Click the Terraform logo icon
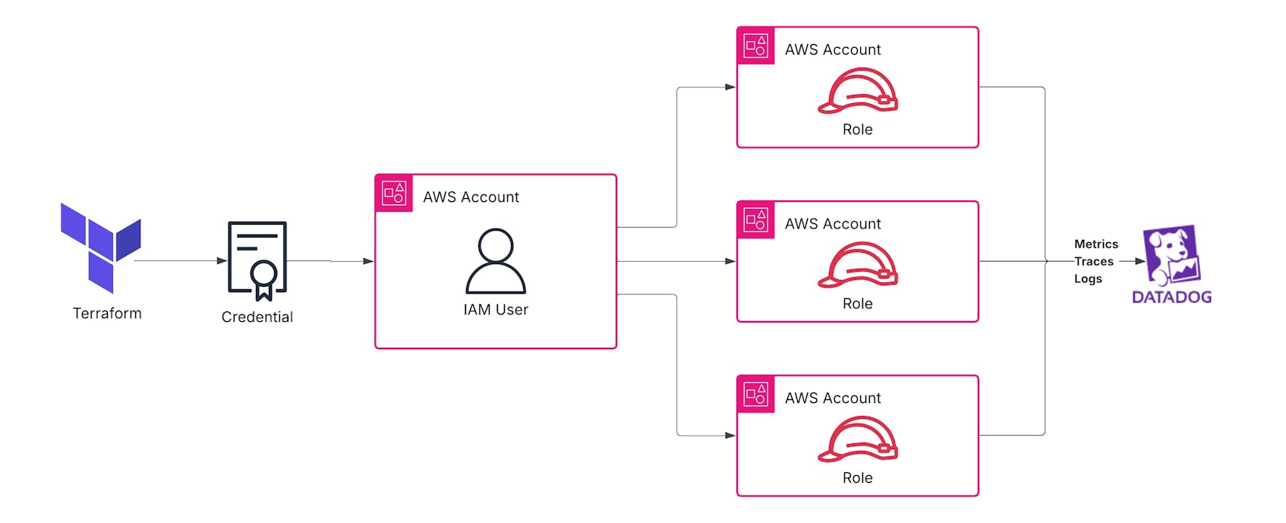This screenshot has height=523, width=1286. [100, 247]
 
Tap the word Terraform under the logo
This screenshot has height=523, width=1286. [107, 313]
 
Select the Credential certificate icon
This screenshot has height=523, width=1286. [257, 260]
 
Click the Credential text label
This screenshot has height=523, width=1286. [257, 317]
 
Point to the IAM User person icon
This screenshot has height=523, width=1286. [495, 261]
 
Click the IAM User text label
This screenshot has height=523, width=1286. [495, 310]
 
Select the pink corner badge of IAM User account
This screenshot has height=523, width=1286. [394, 194]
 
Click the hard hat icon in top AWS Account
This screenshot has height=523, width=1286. [857, 91]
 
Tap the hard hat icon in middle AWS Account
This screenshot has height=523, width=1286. [857, 265]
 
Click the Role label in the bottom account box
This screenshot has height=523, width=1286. [857, 478]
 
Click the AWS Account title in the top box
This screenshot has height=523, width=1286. [832, 50]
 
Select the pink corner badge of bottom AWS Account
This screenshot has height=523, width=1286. [756, 395]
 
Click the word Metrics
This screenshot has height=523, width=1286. [1095, 244]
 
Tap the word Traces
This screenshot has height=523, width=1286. [1093, 262]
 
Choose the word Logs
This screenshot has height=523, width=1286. [1087, 279]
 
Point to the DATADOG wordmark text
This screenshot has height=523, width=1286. [1171, 298]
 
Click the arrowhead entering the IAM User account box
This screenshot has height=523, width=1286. [368, 261]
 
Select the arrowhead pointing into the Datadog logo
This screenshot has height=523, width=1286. [1139, 261]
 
